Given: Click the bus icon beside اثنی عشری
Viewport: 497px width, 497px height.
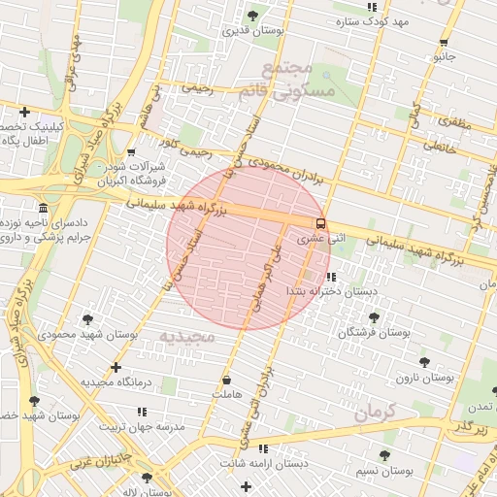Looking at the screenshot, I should coord(320,222).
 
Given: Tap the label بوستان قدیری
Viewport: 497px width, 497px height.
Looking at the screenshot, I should coord(252,32).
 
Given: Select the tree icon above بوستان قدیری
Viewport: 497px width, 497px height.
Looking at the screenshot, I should coord(252,16).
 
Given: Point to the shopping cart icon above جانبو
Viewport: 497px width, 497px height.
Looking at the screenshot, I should coord(444,42).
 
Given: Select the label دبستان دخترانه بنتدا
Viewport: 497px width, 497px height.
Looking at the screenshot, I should coord(330,291).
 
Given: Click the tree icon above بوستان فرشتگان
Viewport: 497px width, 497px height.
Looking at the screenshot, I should coord(374,317).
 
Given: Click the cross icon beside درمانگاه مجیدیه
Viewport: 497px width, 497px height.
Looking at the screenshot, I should coord(116,368).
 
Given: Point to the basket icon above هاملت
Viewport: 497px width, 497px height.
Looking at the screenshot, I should coord(227,381).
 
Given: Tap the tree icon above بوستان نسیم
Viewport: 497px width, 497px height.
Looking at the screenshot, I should coord(384,454).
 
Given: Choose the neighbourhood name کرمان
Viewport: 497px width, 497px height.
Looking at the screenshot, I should coord(377,412).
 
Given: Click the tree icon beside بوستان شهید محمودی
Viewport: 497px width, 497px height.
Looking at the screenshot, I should coord(88,319).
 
